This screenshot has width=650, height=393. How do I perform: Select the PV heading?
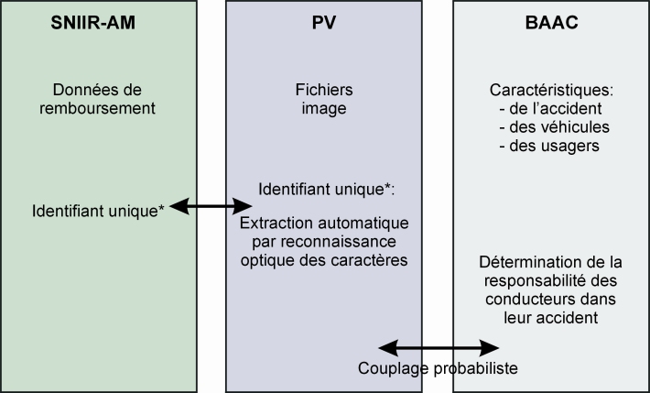pyautogui.click(x=325, y=22)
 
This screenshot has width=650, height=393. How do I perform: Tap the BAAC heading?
pyautogui.click(x=550, y=22)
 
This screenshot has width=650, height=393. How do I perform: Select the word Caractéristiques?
pyautogui.click(x=550, y=90)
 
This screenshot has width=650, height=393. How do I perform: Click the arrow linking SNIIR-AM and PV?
pyautogui.click(x=211, y=207)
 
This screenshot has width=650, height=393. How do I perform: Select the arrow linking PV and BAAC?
pyautogui.click(x=439, y=347)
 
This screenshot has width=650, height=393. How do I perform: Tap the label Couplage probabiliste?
pyautogui.click(x=439, y=368)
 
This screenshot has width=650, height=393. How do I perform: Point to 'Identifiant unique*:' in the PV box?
pyautogui.click(x=325, y=190)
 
